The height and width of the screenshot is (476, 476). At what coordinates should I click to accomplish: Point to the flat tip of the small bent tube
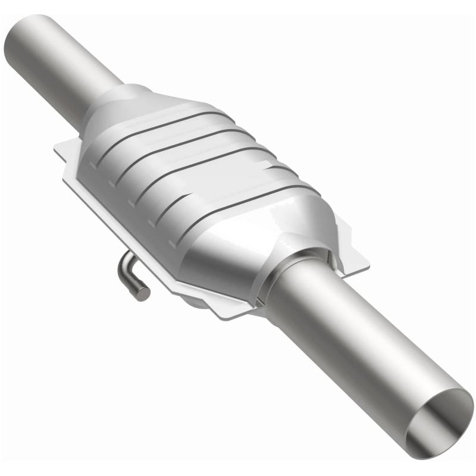tap(143, 293)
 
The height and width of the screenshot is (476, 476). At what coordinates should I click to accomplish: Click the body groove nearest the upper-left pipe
tap(161, 128)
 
